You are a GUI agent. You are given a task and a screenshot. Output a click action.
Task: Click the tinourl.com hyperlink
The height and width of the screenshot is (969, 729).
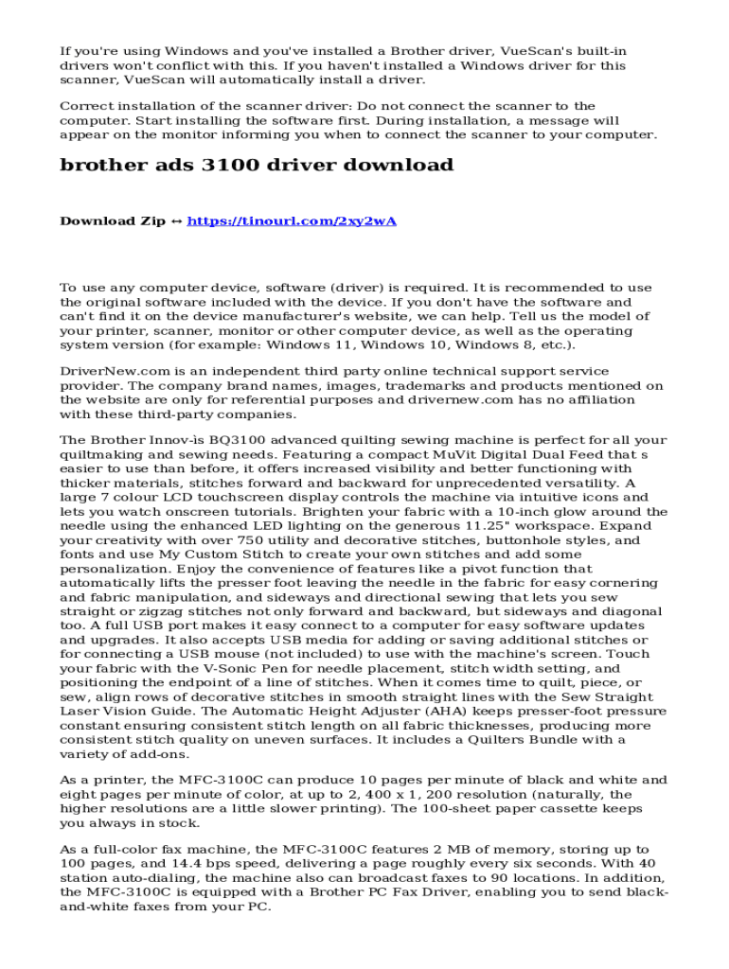click(292, 221)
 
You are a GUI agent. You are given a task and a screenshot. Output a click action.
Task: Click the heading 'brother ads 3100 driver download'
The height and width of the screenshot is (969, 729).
click(257, 165)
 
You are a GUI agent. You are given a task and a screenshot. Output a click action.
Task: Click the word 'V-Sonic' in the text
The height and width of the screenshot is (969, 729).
click(217, 668)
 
